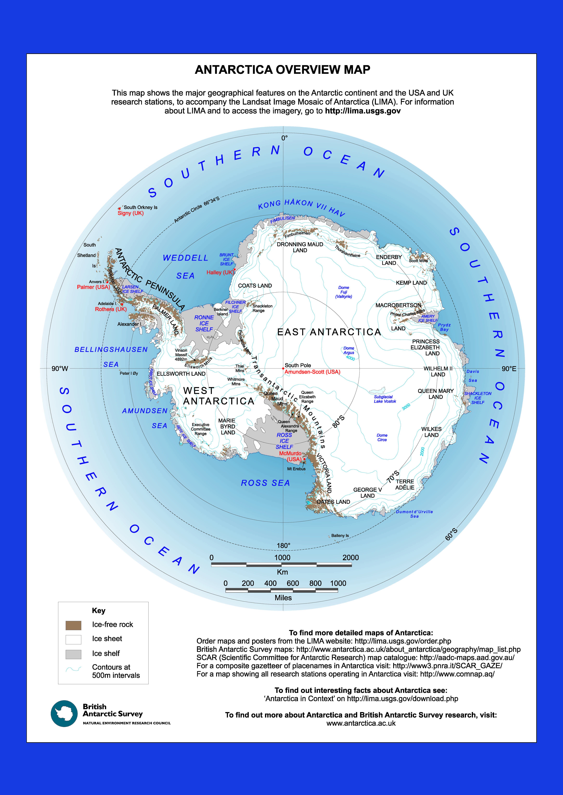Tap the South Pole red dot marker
click(283, 368)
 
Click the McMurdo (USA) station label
click(291, 456)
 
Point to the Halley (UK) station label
click(220, 272)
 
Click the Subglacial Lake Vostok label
click(385, 399)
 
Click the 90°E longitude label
click(509, 369)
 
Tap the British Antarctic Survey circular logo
click(64, 714)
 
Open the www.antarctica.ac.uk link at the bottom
click(361, 723)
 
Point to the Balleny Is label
click(340, 536)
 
